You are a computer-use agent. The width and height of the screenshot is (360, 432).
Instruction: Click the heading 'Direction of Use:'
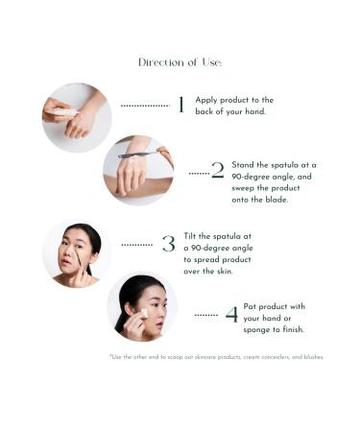click(180, 62)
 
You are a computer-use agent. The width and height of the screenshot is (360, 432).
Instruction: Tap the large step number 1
click(180, 106)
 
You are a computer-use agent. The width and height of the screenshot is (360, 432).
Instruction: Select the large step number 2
click(217, 172)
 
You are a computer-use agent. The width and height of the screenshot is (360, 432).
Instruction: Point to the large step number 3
click(168, 244)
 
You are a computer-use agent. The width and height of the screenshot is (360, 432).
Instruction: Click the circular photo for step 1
click(77, 117)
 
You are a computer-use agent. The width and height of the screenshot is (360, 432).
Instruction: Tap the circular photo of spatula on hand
click(137, 170)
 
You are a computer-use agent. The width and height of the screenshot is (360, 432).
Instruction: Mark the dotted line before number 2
click(198, 174)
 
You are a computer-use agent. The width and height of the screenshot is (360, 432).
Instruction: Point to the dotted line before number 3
click(137, 245)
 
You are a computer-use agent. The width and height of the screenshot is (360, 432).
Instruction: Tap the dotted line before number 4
click(205, 315)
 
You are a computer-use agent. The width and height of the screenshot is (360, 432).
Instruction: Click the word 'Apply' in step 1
click(206, 100)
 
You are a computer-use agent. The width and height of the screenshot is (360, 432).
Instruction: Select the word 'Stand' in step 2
click(243, 165)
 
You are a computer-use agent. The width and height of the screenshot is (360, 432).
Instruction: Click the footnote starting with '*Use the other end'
click(216, 357)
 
